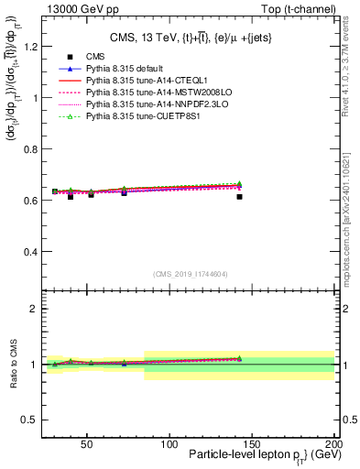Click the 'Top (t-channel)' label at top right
(300, 8)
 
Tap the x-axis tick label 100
(169, 444)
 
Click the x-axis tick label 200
(333, 444)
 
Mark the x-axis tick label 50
(87, 444)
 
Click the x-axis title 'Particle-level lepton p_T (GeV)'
(260, 456)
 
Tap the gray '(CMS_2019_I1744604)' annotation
(191, 274)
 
